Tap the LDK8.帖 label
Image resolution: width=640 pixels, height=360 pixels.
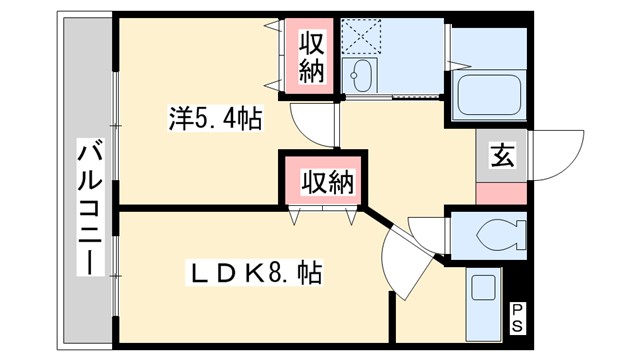(x=255, y=272)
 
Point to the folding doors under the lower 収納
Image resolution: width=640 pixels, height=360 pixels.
(x=322, y=212)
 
